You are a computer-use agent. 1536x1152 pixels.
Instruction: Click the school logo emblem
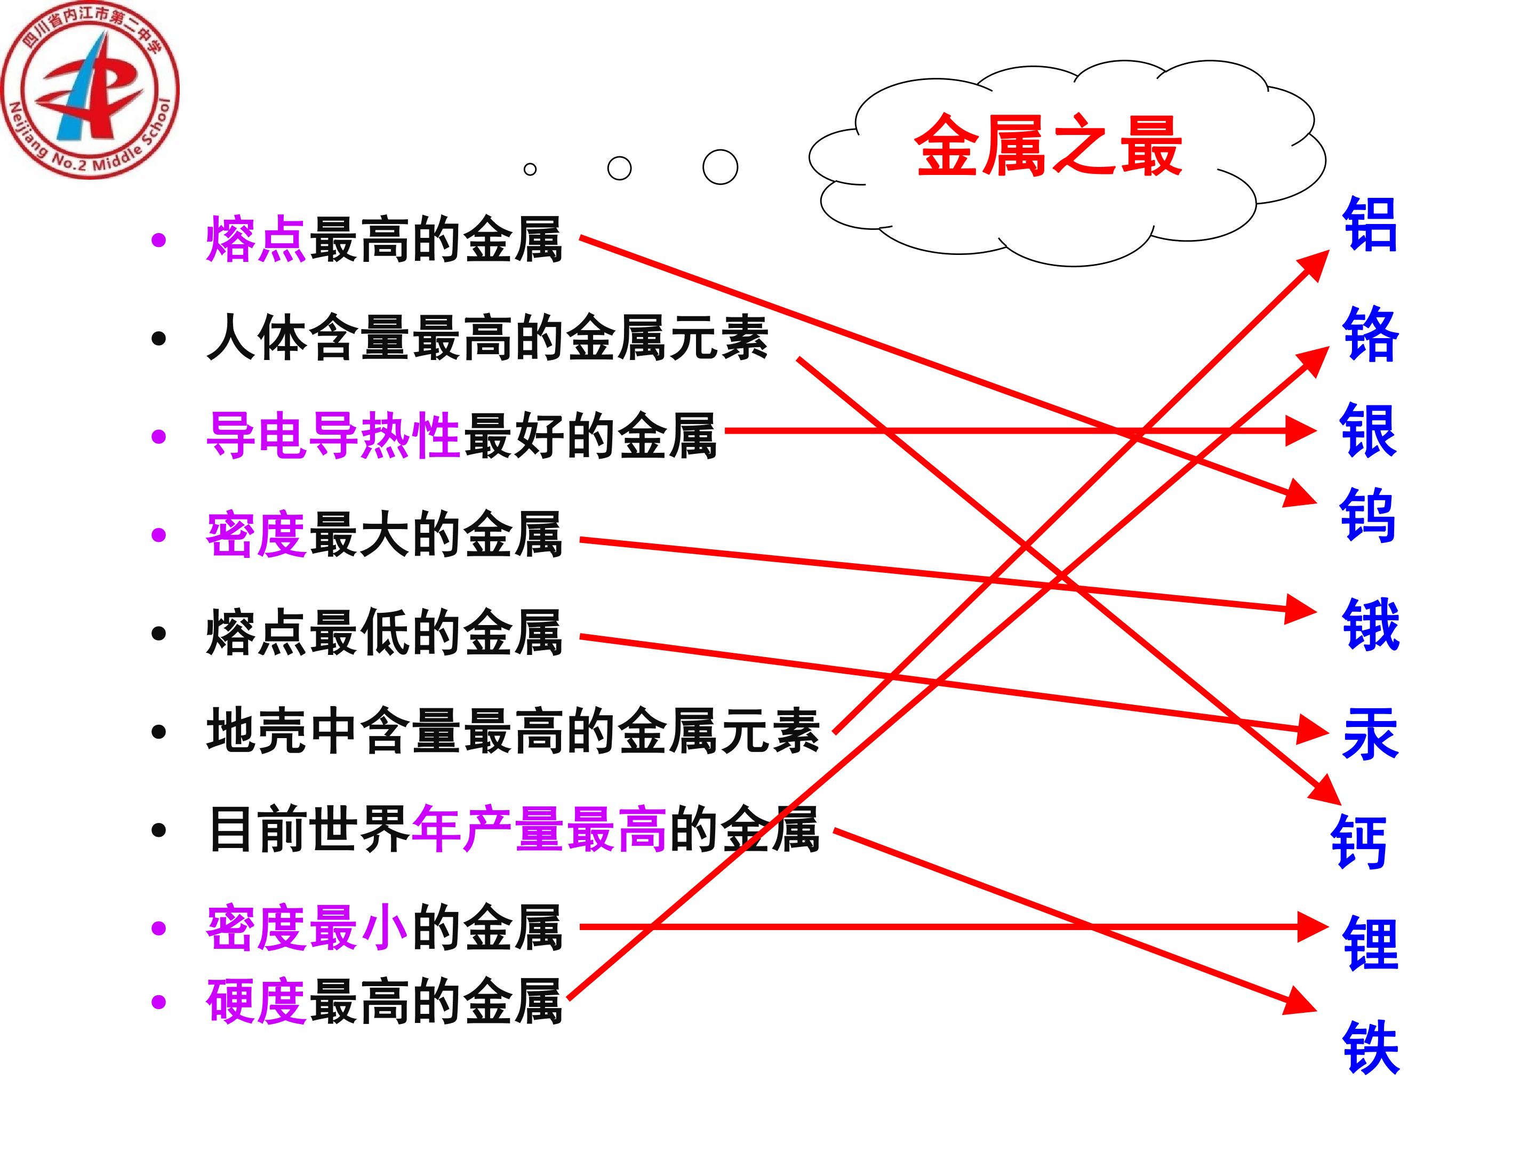[x=90, y=90]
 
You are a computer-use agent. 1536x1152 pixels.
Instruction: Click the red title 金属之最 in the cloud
[x=1048, y=146]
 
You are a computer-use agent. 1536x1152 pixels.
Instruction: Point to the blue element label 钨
[x=1367, y=515]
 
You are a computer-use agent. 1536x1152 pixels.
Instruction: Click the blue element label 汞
[x=1370, y=734]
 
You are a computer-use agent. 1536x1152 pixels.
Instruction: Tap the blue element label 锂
[x=1370, y=942]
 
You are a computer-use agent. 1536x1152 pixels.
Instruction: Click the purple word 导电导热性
[x=333, y=435]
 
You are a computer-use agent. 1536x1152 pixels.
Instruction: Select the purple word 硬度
[x=256, y=1001]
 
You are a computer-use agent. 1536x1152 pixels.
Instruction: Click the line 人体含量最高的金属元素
[x=487, y=338]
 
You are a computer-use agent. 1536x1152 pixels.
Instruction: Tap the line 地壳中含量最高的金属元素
[x=513, y=731]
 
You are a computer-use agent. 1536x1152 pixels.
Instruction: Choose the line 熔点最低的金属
[x=384, y=632]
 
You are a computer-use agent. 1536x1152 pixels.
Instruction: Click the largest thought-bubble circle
[x=720, y=166]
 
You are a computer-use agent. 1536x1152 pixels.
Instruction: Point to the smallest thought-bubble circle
[x=530, y=169]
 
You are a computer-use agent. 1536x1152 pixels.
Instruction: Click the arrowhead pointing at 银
[x=1300, y=430]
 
